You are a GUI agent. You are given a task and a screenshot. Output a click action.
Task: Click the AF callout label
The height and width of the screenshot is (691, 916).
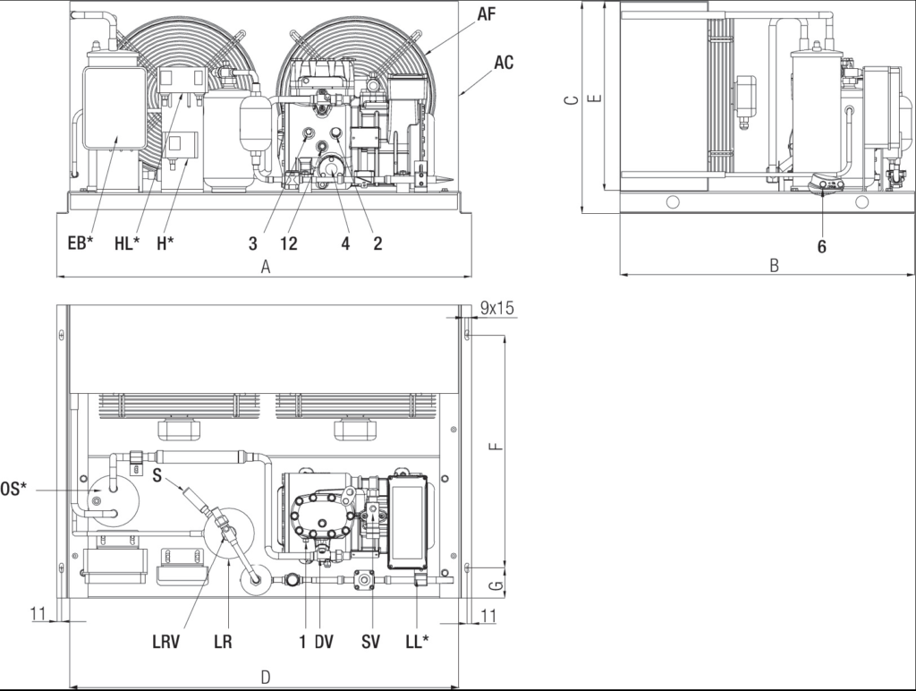coord(487,13)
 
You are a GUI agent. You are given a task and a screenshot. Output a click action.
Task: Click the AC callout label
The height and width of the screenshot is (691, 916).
coord(504,62)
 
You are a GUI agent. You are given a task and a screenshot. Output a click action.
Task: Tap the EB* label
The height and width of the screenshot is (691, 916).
coord(80,243)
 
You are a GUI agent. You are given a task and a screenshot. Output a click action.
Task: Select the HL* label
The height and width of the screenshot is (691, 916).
coord(127,243)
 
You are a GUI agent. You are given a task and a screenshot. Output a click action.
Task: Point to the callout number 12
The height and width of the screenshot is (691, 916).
coord(289,243)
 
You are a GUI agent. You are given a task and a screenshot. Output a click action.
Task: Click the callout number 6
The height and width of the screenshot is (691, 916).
coord(821,247)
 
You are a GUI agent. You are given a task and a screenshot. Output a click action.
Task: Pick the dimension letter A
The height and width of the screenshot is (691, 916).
coord(266,267)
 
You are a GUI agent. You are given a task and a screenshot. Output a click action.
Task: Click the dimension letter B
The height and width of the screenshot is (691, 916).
coord(774,266)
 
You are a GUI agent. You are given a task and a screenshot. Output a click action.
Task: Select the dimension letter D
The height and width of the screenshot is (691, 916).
coord(265,678)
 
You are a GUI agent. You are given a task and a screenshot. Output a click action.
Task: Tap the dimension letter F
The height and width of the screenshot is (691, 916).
coord(496,446)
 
